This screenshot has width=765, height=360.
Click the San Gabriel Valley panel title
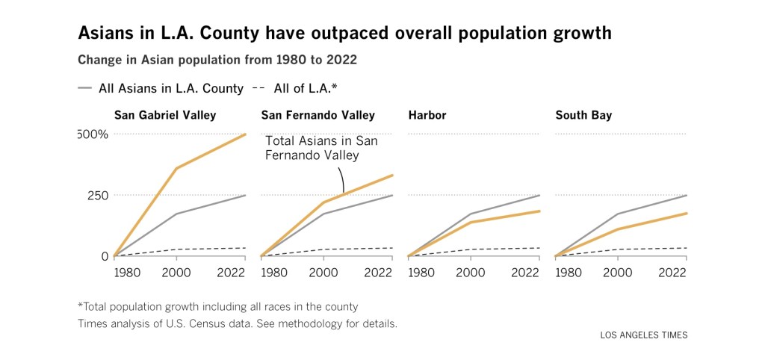click(164, 115)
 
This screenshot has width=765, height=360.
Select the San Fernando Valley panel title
click(318, 115)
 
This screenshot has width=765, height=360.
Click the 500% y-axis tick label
click(93, 134)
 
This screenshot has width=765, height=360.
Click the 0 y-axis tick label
click(104, 256)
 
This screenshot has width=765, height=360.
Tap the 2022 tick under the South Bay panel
click(672, 273)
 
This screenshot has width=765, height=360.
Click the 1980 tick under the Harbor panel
click(423, 273)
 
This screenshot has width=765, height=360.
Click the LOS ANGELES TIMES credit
click(643, 335)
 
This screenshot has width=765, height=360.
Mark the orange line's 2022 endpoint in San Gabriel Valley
click(246, 134)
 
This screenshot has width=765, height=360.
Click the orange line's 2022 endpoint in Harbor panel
click(540, 211)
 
